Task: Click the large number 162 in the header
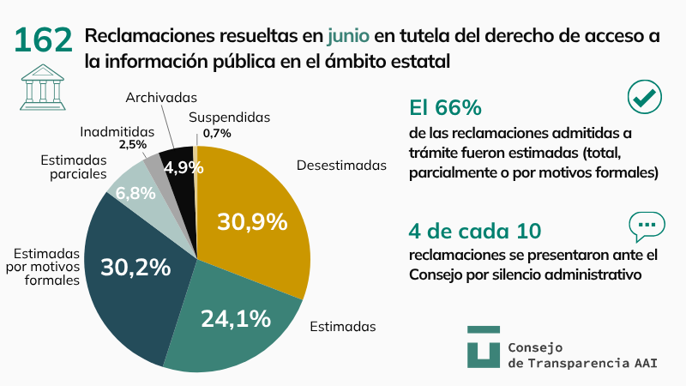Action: (44, 40)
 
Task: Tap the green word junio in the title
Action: (348, 36)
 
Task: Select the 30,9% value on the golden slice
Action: (251, 221)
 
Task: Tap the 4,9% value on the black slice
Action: (184, 166)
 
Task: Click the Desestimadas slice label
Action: (341, 165)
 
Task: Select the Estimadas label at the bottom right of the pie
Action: (343, 326)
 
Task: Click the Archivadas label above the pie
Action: (161, 97)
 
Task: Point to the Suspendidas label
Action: (229, 117)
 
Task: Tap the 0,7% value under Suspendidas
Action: (217, 133)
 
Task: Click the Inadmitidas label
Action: (117, 131)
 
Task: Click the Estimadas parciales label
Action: (73, 166)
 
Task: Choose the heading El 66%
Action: (445, 108)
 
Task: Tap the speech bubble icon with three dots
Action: (647, 226)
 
